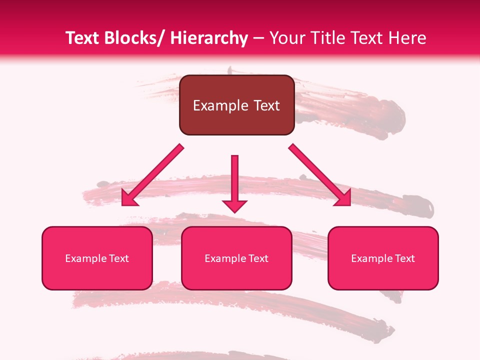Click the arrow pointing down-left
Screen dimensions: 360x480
click(152, 175)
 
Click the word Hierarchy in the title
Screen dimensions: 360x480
click(208, 38)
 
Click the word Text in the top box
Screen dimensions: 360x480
click(265, 105)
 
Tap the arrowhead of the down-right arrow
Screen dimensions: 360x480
click(344, 198)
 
